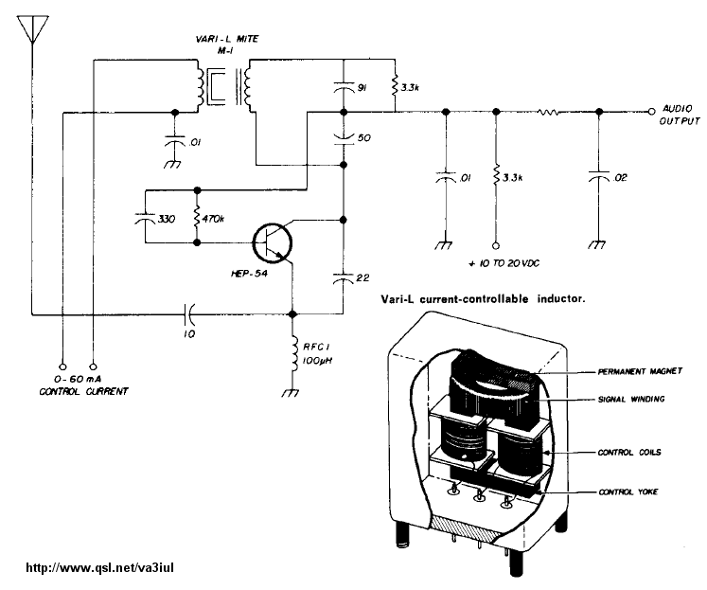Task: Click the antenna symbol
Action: (32, 29)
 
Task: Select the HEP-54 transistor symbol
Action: (272, 243)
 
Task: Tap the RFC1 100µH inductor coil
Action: (294, 355)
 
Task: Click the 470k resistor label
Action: (213, 219)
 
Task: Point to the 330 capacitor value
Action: (167, 219)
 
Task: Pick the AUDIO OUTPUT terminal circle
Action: (651, 112)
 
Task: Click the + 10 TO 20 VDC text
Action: (504, 263)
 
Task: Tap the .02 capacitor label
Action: (620, 178)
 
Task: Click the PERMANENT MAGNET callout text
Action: (640, 371)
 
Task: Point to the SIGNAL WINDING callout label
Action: (631, 399)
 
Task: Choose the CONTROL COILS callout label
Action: (629, 452)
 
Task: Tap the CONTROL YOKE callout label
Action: (628, 492)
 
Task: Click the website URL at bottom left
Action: (99, 567)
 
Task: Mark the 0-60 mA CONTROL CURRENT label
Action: (83, 385)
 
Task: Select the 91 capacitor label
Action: (362, 88)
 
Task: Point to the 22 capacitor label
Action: (362, 277)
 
